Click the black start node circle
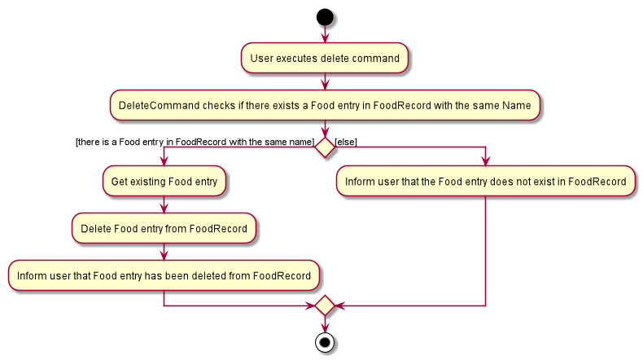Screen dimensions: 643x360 (x=325, y=17)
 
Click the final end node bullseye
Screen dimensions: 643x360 (x=325, y=342)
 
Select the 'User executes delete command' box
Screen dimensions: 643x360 (x=325, y=59)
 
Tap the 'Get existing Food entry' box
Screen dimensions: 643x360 (x=164, y=181)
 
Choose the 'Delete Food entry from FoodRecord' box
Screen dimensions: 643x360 (x=164, y=228)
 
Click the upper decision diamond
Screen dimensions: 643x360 (x=325, y=147)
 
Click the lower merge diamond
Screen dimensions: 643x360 (x=325, y=305)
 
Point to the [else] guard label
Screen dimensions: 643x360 (x=346, y=142)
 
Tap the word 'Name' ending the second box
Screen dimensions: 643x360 (x=517, y=106)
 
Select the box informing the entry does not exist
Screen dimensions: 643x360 (x=486, y=181)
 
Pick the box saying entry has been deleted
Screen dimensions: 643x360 (x=164, y=275)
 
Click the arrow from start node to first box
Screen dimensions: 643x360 (x=325, y=34)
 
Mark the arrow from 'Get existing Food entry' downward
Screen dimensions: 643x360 (x=164, y=204)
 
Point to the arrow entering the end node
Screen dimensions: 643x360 (x=325, y=324)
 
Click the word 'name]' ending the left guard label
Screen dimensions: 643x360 (x=301, y=142)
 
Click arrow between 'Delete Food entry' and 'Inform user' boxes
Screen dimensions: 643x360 (x=164, y=252)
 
